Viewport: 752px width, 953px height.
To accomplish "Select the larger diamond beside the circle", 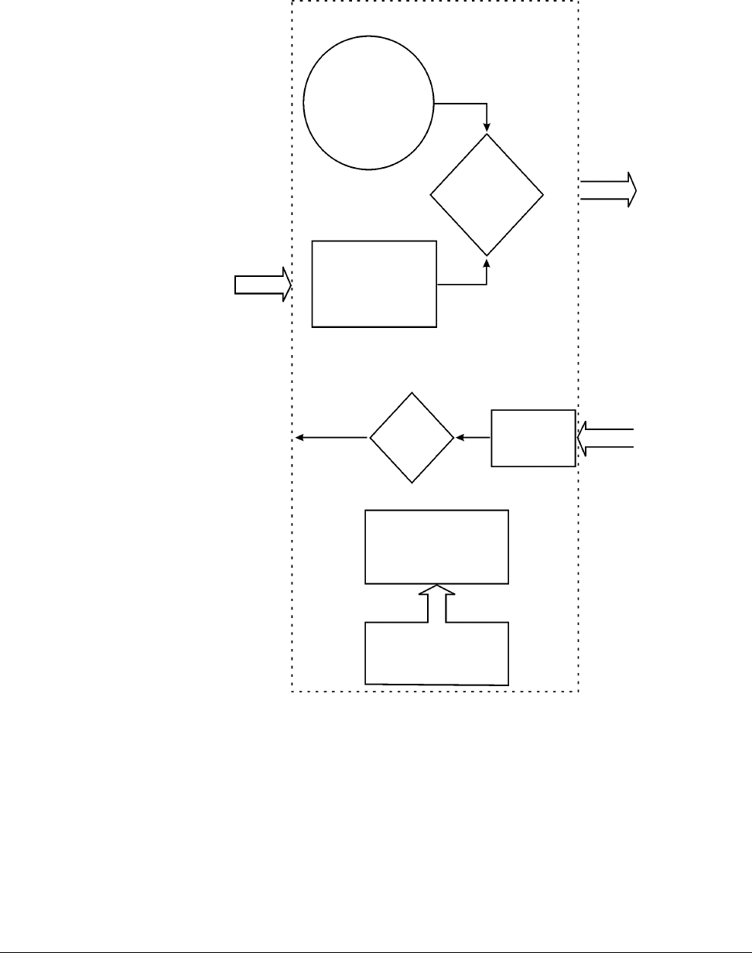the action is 487,194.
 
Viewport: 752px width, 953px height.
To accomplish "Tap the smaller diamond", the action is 412,438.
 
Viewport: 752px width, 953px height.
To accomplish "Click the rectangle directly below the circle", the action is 374,284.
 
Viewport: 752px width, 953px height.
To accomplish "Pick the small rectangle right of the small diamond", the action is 533,438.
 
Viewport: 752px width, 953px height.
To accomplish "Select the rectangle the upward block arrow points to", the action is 437,546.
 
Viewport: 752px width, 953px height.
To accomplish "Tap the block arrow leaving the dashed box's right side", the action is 608,190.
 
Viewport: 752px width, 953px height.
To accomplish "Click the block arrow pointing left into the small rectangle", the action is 606,438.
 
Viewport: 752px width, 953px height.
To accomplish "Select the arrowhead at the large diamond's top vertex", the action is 487,128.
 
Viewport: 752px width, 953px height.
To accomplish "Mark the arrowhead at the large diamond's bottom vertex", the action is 487,262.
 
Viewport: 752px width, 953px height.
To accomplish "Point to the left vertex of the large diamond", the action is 430,194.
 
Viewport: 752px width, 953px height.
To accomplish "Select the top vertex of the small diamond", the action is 412,393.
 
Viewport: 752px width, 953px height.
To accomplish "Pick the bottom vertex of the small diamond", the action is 412,483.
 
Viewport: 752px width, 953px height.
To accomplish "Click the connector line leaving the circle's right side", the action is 461,104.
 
